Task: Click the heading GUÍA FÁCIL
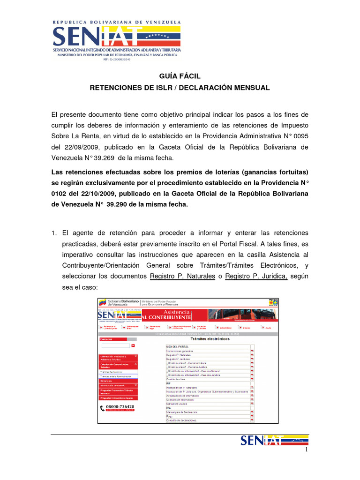click(x=180, y=76)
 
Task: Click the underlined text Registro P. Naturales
click(x=182, y=276)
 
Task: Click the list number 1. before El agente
click(x=54, y=233)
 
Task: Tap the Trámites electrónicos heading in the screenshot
click(x=210, y=338)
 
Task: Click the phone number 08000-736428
click(x=120, y=406)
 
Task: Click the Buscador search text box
click(x=115, y=345)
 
